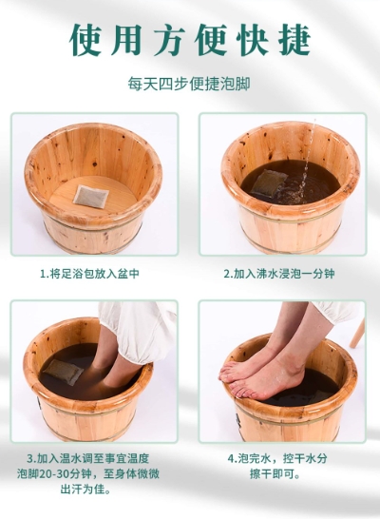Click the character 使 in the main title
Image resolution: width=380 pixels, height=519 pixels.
click(85, 40)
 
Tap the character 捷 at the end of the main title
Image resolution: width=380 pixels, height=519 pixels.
click(294, 40)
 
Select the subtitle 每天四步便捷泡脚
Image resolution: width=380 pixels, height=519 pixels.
click(189, 84)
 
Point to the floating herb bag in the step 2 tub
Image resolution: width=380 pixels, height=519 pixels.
click(269, 183)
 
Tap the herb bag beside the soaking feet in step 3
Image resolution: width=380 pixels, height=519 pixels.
click(64, 372)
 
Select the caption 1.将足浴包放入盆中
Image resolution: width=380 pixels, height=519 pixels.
click(89, 274)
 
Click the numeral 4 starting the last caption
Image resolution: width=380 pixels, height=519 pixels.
click(230, 459)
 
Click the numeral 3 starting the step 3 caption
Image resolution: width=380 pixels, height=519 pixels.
click(30, 459)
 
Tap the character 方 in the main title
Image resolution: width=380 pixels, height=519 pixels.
click(170, 40)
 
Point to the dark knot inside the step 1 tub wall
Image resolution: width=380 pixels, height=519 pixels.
click(95, 163)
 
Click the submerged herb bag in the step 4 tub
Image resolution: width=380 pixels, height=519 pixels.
click(317, 396)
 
